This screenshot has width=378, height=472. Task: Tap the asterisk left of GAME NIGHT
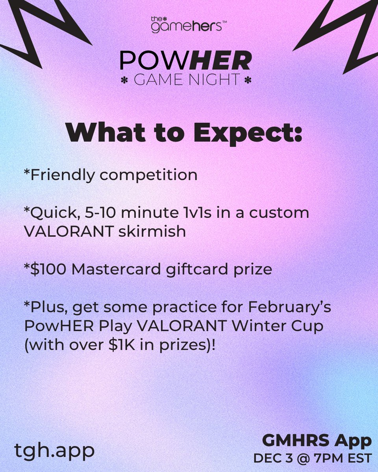pyautogui.click(x=125, y=80)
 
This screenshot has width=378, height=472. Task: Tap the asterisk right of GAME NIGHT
pyautogui.click(x=248, y=80)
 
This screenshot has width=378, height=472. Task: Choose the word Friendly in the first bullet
pyautogui.click(x=65, y=175)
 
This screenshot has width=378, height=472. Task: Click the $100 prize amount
pyautogui.click(x=44, y=269)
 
